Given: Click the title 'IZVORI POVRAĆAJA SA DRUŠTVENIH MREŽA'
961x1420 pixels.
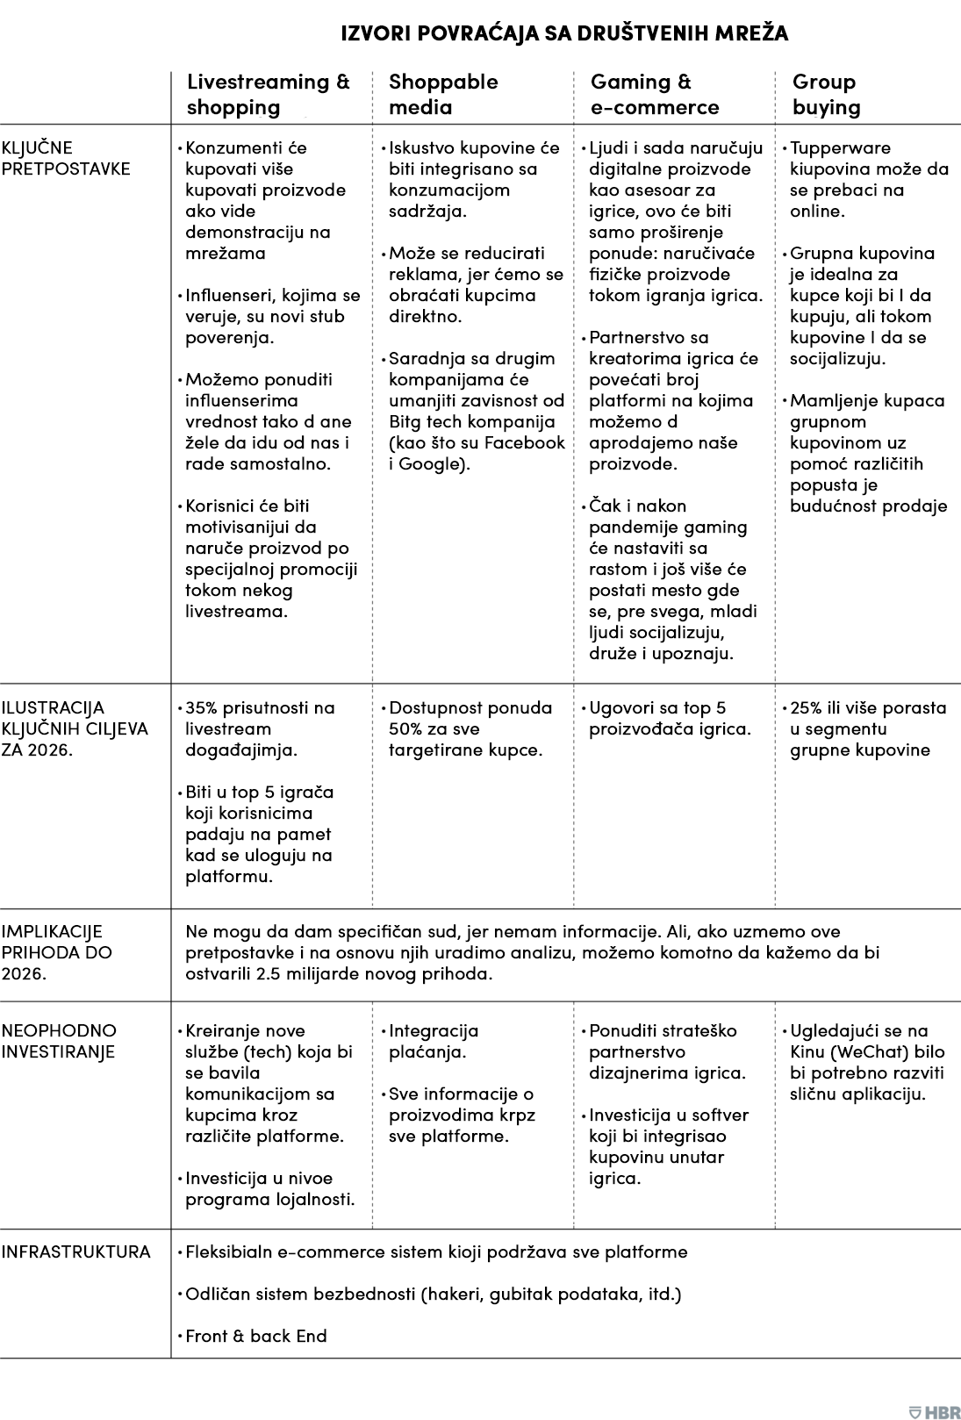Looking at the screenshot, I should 564,33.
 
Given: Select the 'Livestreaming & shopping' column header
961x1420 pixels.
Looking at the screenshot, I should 268,95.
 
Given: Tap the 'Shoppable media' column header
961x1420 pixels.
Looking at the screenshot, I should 443,95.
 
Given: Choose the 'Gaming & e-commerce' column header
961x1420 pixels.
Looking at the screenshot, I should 654,95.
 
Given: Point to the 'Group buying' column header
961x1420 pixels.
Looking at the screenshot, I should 826,95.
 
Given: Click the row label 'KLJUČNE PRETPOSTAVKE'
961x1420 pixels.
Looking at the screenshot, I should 66,158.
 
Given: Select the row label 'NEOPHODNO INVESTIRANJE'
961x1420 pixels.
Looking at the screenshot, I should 59,1041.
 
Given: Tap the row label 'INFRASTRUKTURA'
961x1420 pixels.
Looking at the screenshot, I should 75,1251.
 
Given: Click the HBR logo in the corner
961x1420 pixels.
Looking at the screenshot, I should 935,1406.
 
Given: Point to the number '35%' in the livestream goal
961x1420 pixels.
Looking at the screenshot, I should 204,708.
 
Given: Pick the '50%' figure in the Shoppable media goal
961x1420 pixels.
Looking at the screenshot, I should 406,729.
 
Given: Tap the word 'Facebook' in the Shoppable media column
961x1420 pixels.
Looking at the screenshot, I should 529,443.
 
